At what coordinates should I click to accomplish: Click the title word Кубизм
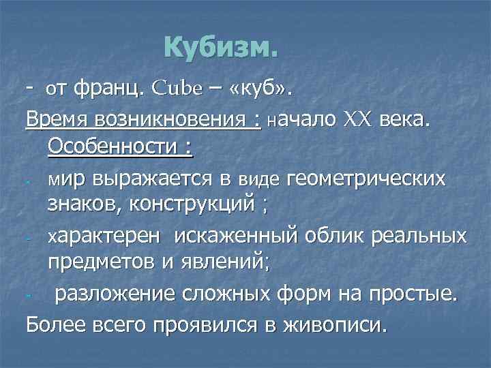pos(222,49)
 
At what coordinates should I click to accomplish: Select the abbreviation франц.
pos(107,87)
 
